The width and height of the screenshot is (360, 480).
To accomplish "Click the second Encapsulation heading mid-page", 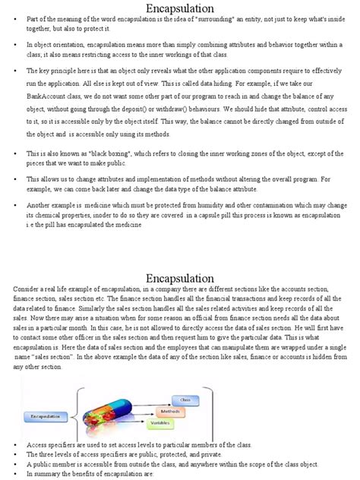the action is click(x=180, y=279).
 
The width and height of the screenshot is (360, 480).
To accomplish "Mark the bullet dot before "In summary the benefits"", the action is click(x=17, y=473).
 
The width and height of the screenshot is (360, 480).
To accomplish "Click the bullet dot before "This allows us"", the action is click(x=17, y=179).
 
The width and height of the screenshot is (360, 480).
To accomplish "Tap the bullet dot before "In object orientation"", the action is click(x=17, y=46).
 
